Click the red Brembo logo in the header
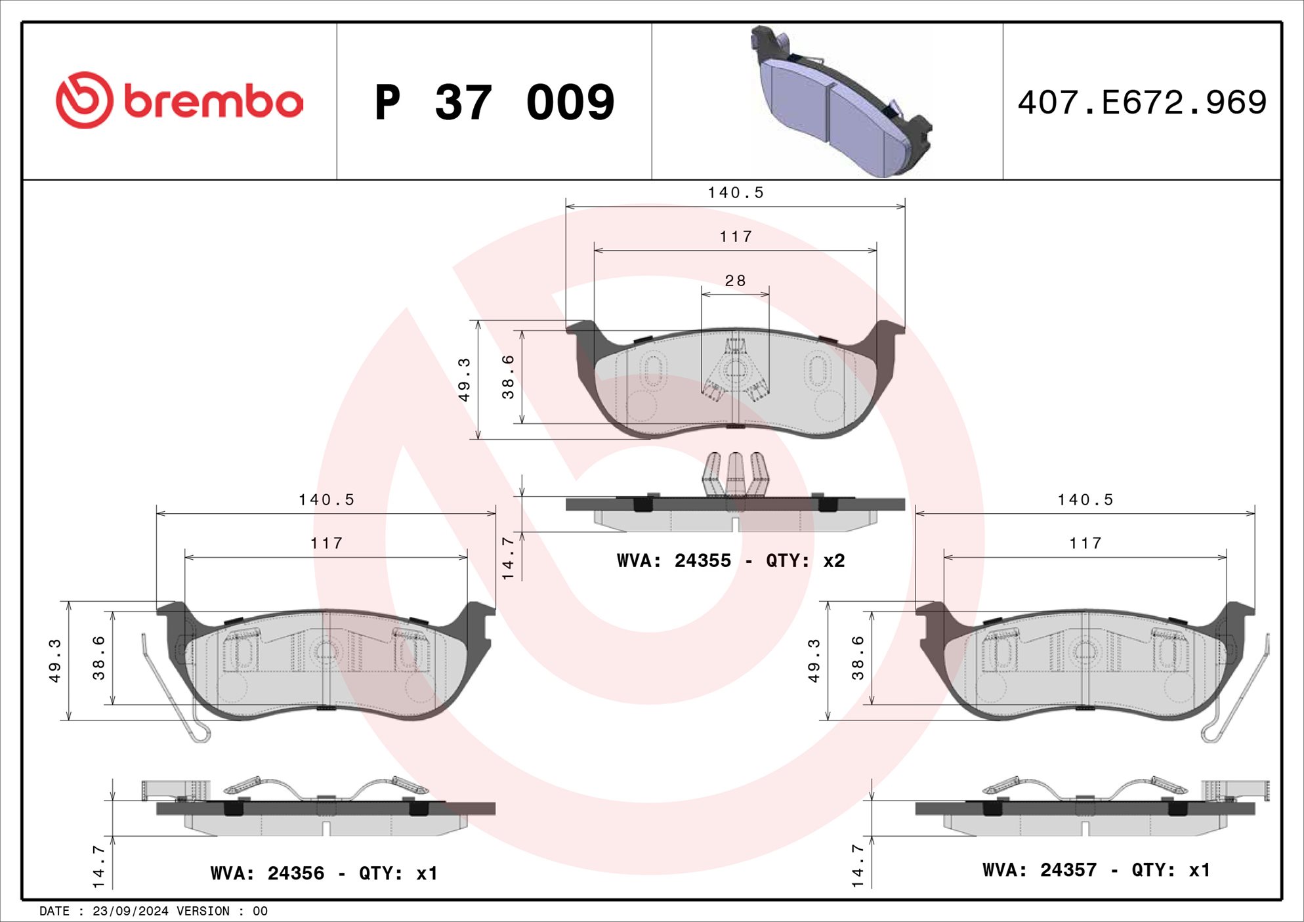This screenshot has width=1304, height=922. [179, 100]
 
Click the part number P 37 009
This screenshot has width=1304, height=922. [495, 102]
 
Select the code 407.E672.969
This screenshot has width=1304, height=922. [1142, 102]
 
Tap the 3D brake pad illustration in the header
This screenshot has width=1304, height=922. [841, 101]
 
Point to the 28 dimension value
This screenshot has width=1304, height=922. [735, 281]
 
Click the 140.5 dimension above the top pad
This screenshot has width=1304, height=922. [736, 193]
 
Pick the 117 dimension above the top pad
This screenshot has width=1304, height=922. [736, 237]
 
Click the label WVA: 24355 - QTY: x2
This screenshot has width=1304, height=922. [730, 561]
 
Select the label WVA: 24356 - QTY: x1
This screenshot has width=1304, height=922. [324, 873]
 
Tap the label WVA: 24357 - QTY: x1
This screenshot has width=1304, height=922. [1096, 870]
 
